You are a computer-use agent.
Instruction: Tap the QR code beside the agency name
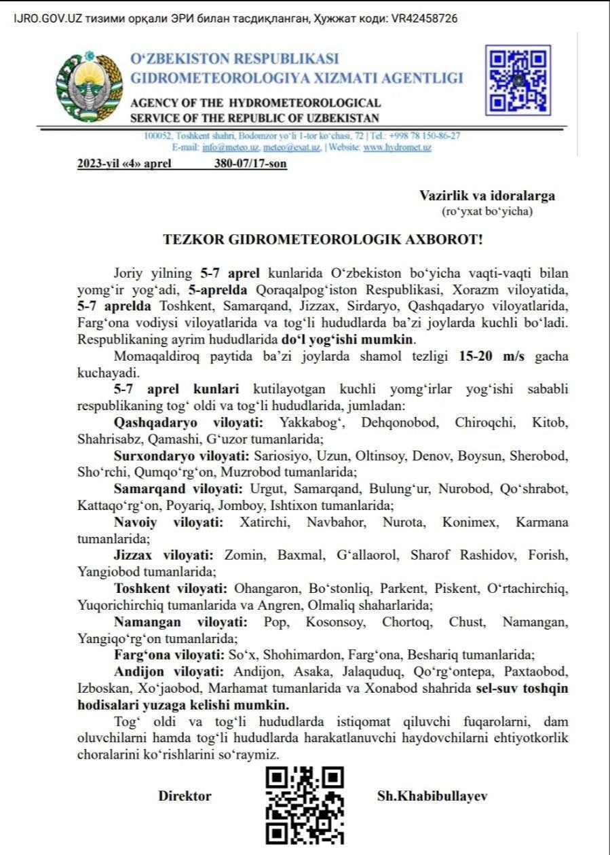coord(518,80)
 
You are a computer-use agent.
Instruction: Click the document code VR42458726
coord(425,18)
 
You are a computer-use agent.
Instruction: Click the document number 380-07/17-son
coord(250,164)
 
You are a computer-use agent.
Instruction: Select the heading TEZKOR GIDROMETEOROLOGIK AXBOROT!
coord(323,240)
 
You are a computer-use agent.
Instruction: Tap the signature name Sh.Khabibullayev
coord(432,796)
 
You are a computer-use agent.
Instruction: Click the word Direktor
coord(185,796)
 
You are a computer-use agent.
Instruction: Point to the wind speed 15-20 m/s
coord(495,357)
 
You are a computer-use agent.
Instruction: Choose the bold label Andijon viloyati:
coord(170,672)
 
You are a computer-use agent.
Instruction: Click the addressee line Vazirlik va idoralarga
coord(487,196)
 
